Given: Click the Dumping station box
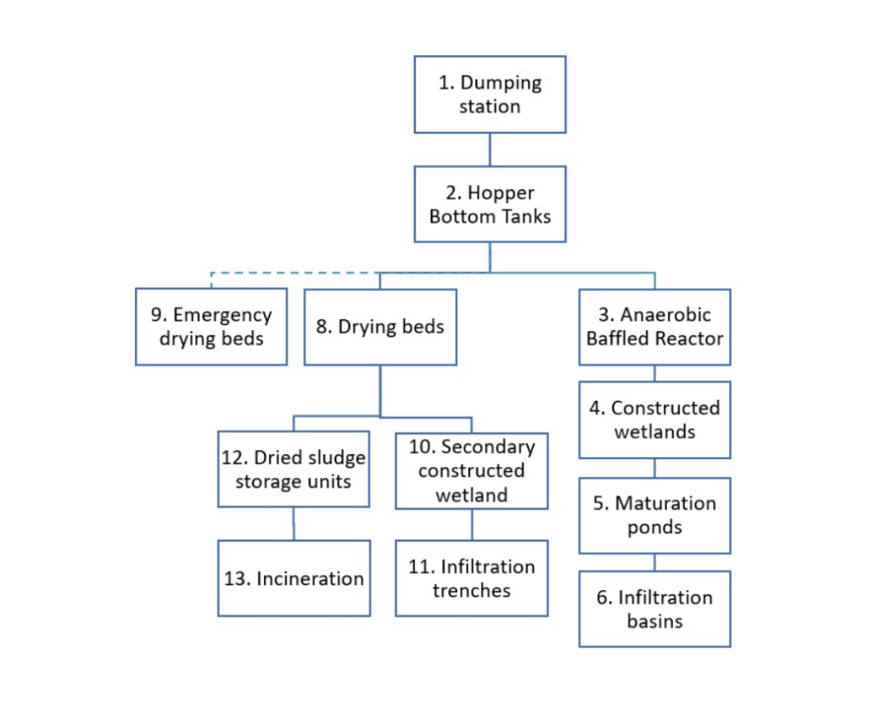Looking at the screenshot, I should pos(490,94).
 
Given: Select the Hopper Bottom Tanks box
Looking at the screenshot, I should pos(490,204).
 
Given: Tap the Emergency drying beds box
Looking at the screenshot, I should pos(211,327).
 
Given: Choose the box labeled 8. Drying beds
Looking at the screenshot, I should pos(380,327).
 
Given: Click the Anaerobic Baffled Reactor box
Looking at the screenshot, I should pos(654,327).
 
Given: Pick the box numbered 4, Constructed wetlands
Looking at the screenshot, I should pos(654,419).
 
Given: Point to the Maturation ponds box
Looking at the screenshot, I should pos(654,515).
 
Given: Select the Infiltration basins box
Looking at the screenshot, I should pos(654,609).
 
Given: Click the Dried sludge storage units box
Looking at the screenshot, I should pos(294,470).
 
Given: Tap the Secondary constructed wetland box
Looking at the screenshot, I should pos(472,470).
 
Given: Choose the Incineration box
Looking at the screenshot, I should pos(294,578).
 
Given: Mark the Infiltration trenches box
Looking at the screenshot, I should pos(472,578).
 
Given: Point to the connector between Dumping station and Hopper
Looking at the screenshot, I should pos(490,149).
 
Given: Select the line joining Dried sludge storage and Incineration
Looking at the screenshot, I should pos(294,523).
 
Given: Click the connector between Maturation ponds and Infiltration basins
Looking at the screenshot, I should pos(654,562).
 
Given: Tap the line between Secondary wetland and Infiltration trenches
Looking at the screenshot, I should pos(472,525).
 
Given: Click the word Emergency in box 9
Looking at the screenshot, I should pos(222,315).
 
